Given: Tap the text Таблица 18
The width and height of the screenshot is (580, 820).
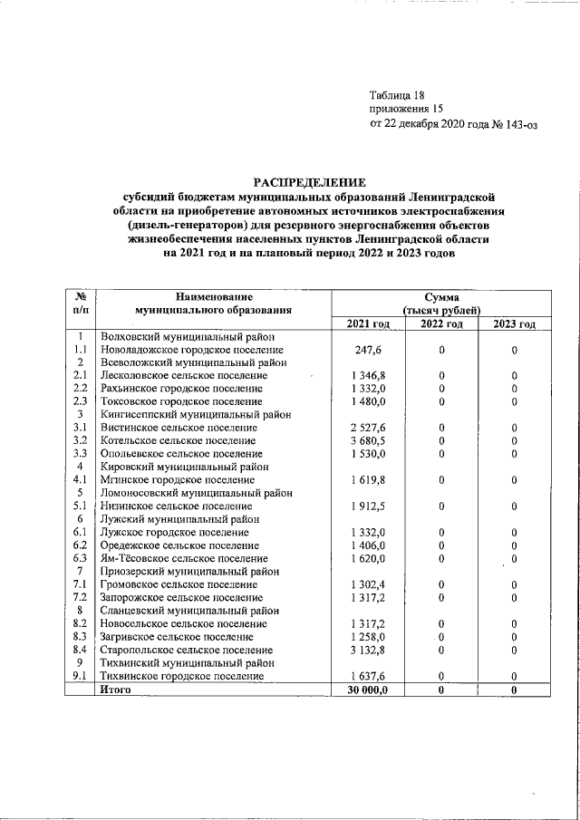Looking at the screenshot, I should (x=396, y=95).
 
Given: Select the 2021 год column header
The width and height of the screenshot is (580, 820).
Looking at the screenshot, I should (x=368, y=324).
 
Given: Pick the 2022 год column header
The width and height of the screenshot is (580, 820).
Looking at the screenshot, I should (x=441, y=324).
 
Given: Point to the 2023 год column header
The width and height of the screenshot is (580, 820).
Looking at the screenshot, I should (x=514, y=324).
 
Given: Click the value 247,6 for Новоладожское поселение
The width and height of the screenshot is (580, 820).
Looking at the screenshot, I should (x=368, y=350).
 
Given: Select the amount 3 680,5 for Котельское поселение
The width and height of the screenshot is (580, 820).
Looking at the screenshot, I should (x=368, y=440).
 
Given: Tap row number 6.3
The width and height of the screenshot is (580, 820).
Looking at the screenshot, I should (x=80, y=558).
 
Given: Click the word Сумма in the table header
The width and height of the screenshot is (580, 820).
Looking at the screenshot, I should (x=441, y=296).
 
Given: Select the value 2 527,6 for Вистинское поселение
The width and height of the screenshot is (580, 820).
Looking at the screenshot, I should (x=368, y=428).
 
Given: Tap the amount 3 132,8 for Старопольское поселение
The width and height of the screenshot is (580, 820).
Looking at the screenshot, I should (x=368, y=650).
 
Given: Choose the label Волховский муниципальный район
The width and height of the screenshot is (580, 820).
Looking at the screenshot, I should (x=180, y=337).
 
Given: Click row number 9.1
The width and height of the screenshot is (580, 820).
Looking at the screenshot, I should (x=80, y=676).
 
